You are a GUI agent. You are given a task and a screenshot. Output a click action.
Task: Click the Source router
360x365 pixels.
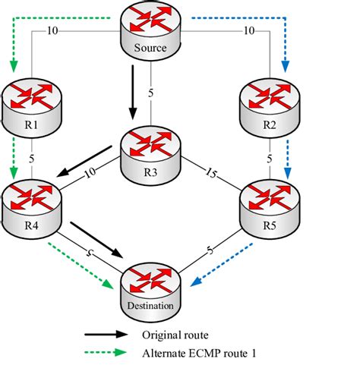(x=150, y=31)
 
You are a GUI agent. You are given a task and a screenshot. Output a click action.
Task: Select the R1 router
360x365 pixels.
(x=31, y=108)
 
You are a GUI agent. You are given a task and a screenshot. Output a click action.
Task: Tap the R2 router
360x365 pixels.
(x=270, y=108)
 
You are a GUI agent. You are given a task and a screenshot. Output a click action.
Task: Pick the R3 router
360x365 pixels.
(x=151, y=156)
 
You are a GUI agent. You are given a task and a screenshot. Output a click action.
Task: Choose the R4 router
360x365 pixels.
(x=31, y=209)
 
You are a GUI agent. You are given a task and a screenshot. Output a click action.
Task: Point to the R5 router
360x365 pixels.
(x=270, y=209)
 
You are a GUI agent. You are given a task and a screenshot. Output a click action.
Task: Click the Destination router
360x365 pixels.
(x=150, y=292)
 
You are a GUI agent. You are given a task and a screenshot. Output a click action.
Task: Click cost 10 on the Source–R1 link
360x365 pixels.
(x=52, y=31)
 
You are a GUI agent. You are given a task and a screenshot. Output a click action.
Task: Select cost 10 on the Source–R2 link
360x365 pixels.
(x=249, y=31)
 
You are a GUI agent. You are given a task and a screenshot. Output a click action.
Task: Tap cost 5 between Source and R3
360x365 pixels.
(x=151, y=93)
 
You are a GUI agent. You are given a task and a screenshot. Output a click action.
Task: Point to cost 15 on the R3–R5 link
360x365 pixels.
(x=210, y=173)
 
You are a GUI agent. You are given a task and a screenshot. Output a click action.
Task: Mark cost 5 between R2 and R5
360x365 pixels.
(x=270, y=159)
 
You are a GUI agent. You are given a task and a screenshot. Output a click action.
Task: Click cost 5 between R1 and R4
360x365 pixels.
(x=31, y=159)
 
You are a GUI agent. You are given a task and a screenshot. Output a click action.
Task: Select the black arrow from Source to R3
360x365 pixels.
(x=133, y=92)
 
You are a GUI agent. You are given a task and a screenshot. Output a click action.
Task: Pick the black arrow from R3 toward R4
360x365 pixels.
(x=84, y=161)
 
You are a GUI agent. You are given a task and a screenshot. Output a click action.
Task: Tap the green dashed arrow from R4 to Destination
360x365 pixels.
(x=81, y=266)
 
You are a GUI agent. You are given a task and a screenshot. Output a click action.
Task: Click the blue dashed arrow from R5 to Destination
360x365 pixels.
(x=222, y=265)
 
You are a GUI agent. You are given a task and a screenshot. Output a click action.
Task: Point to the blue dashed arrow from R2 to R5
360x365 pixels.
(x=287, y=159)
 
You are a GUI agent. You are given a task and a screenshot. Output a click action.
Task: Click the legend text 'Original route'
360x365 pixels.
(x=175, y=335)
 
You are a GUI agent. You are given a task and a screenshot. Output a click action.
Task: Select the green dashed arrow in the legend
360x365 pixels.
(x=106, y=352)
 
